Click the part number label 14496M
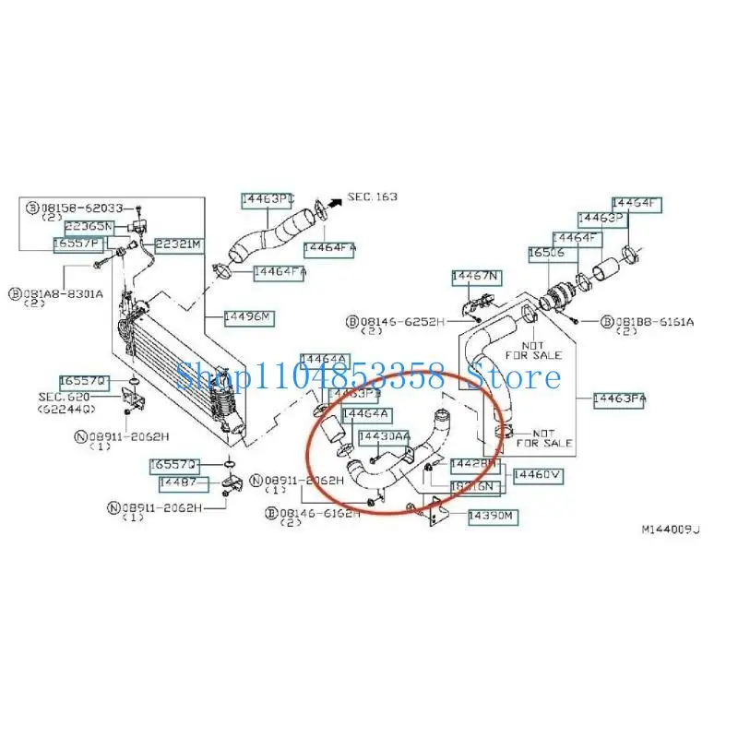coord(248,318)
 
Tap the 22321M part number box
coord(177,244)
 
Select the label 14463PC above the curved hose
coord(267,198)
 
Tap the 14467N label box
coord(475,276)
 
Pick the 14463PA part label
coord(619,399)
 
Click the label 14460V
coord(538,475)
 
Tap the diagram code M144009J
coord(672,530)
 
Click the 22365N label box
coord(89,227)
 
